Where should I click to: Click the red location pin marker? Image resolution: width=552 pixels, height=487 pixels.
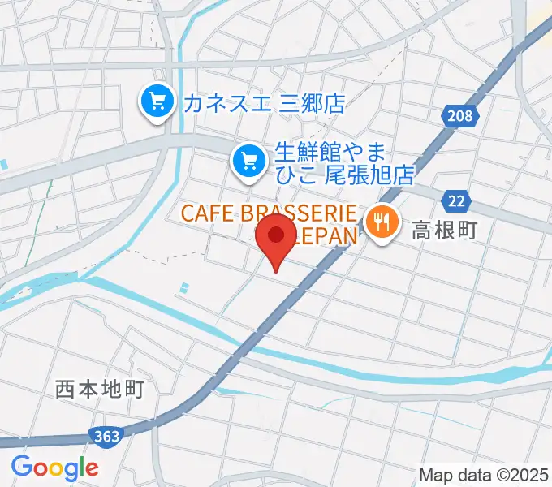(276, 237)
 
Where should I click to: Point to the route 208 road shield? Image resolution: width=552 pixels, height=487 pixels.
(458, 118)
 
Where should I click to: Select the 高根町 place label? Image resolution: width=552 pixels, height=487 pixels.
(446, 231)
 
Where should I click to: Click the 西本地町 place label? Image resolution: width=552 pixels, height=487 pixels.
(100, 390)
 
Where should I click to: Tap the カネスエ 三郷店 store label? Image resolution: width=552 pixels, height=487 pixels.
(264, 103)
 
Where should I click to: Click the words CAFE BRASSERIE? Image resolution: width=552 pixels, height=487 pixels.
(268, 214)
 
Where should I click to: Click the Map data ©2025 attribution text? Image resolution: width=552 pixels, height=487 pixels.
(485, 474)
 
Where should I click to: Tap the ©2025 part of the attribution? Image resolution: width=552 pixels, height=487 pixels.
(520, 474)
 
